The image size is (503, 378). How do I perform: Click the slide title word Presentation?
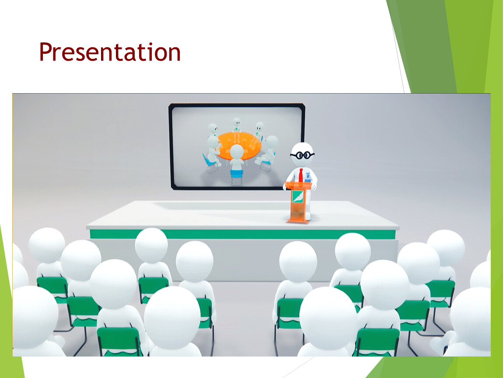[x=110, y=52]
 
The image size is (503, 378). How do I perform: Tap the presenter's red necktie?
[x=301, y=175]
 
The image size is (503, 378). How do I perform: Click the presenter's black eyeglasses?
[x=302, y=155]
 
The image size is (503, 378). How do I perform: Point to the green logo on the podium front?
[x=298, y=196]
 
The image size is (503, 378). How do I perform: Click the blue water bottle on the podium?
[x=307, y=178]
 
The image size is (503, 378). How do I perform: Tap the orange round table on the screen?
[x=239, y=146]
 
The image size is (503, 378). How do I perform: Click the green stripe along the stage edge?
[x=243, y=234]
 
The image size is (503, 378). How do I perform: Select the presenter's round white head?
[x=302, y=155]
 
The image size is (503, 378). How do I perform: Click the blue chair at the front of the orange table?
[x=237, y=175]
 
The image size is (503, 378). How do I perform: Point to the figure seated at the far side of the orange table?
[x=237, y=125]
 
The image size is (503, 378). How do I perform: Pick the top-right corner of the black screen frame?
[x=304, y=105]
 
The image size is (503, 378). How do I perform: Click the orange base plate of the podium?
[x=298, y=220]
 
